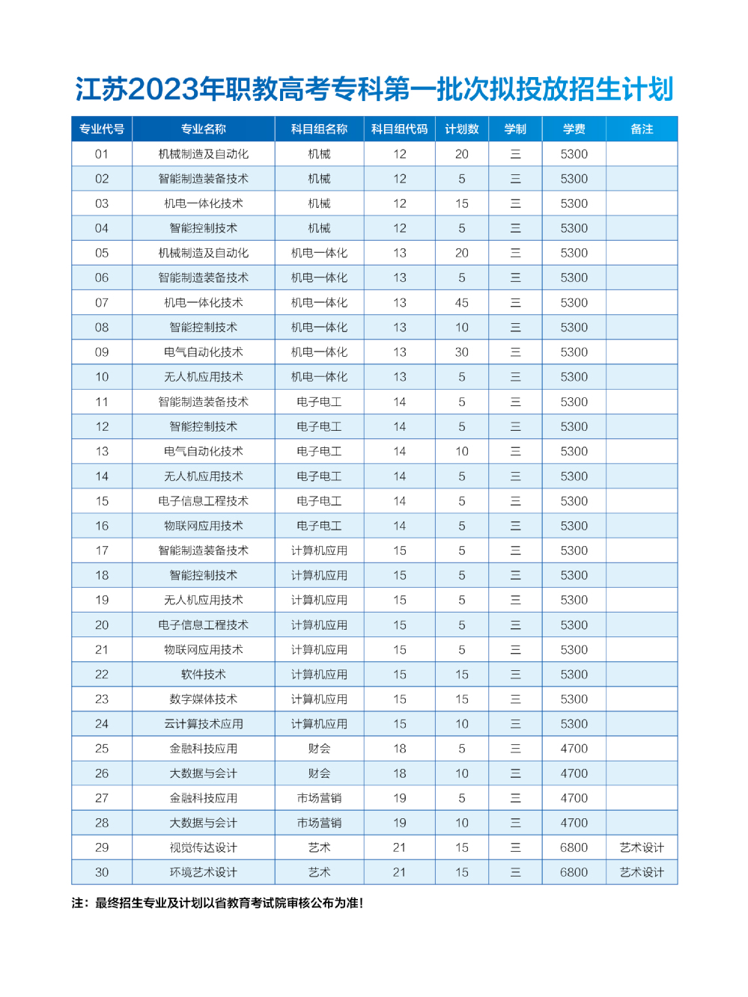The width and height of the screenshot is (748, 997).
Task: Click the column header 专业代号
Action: [102, 129]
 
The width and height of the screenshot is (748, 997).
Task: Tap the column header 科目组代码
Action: [399, 129]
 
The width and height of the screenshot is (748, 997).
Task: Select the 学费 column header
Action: [574, 129]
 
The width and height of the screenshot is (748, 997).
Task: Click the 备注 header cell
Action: [642, 129]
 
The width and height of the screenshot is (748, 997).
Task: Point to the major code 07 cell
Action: [102, 303]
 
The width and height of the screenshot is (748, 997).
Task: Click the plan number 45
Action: [461, 303]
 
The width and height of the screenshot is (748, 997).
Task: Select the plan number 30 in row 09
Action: [461, 352]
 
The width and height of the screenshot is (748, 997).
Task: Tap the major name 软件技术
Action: [203, 675]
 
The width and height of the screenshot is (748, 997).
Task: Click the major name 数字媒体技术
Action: [203, 699]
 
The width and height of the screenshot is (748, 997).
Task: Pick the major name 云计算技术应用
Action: [203, 724]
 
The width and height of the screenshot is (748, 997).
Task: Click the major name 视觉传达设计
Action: [203, 847]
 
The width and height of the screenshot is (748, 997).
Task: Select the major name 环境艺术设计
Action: [203, 872]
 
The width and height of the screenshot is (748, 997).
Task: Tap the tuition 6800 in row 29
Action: [574, 847]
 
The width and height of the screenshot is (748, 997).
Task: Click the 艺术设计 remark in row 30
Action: [642, 872]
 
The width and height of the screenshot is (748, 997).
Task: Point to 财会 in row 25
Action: [319, 749]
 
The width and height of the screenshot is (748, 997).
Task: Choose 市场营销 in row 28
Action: [319, 823]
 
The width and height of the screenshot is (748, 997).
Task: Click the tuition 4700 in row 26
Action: [574, 773]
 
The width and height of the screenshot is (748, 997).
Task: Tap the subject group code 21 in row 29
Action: [399, 847]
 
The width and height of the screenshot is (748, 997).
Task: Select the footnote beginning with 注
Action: [217, 903]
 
